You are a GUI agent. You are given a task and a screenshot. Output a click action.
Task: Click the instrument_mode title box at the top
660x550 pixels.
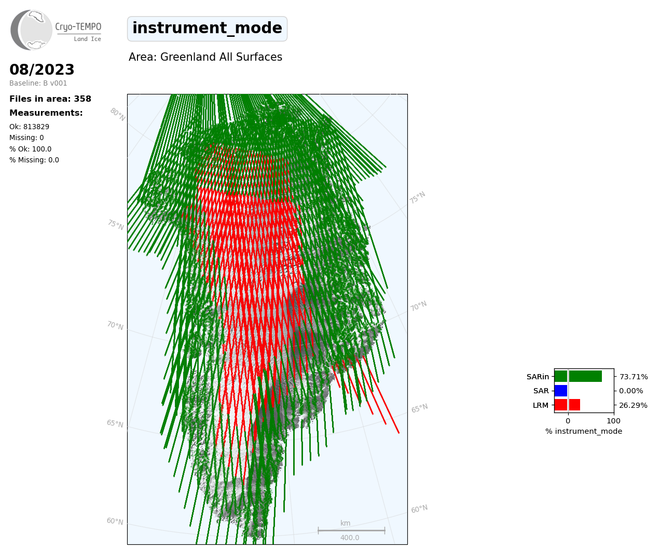pos(207,29)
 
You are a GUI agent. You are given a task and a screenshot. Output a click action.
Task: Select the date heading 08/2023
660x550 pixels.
pos(42,70)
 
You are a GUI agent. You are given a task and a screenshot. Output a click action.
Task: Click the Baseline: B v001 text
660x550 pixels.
pos(38,83)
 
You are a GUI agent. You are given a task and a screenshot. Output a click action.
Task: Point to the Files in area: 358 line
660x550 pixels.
pos(50,99)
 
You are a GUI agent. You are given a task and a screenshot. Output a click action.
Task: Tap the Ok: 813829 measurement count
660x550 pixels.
pos(30,127)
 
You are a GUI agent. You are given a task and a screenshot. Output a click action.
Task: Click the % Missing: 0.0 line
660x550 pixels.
pos(34,160)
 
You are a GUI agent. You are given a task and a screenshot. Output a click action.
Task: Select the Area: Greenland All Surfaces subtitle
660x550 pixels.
pos(205,57)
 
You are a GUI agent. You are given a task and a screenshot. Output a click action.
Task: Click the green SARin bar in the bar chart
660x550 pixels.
pos(578,376)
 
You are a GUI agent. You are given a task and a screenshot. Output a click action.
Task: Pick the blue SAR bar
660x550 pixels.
pos(561,391)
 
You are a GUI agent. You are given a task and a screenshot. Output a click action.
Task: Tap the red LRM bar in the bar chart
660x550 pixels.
pos(568,405)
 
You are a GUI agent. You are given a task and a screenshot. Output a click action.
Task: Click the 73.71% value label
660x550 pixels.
pos(634,377)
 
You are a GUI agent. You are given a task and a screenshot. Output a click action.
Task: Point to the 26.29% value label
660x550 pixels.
pos(633,405)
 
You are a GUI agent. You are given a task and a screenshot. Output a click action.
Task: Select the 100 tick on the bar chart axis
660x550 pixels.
pos(613,421)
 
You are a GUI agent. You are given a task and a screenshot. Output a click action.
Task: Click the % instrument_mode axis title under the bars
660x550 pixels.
pos(584,432)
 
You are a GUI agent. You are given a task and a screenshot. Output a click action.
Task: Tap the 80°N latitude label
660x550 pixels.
pos(118,115)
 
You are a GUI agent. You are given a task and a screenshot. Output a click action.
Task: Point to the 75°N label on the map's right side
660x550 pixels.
pos(417,198)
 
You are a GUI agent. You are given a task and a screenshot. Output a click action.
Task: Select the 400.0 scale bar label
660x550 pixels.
pos(350,538)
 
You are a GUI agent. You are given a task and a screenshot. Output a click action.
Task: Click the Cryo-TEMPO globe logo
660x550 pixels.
pos(31,30)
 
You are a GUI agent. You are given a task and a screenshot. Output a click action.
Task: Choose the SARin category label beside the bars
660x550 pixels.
pos(538,377)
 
